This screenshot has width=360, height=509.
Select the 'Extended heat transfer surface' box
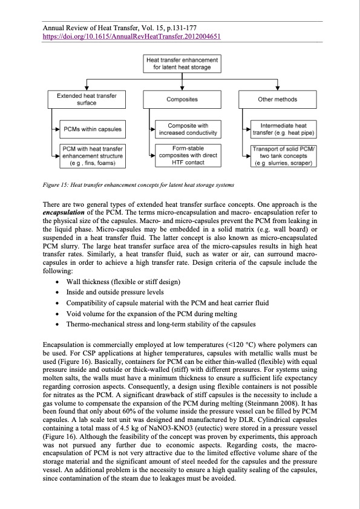click(x=82, y=99)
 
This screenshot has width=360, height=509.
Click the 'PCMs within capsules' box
click(x=92, y=129)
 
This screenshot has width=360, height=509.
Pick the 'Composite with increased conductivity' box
click(x=188, y=129)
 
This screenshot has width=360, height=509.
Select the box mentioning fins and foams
click(x=92, y=155)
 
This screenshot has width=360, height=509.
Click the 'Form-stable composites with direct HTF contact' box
click(x=188, y=155)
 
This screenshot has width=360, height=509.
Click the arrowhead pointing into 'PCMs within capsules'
click(x=56, y=129)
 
